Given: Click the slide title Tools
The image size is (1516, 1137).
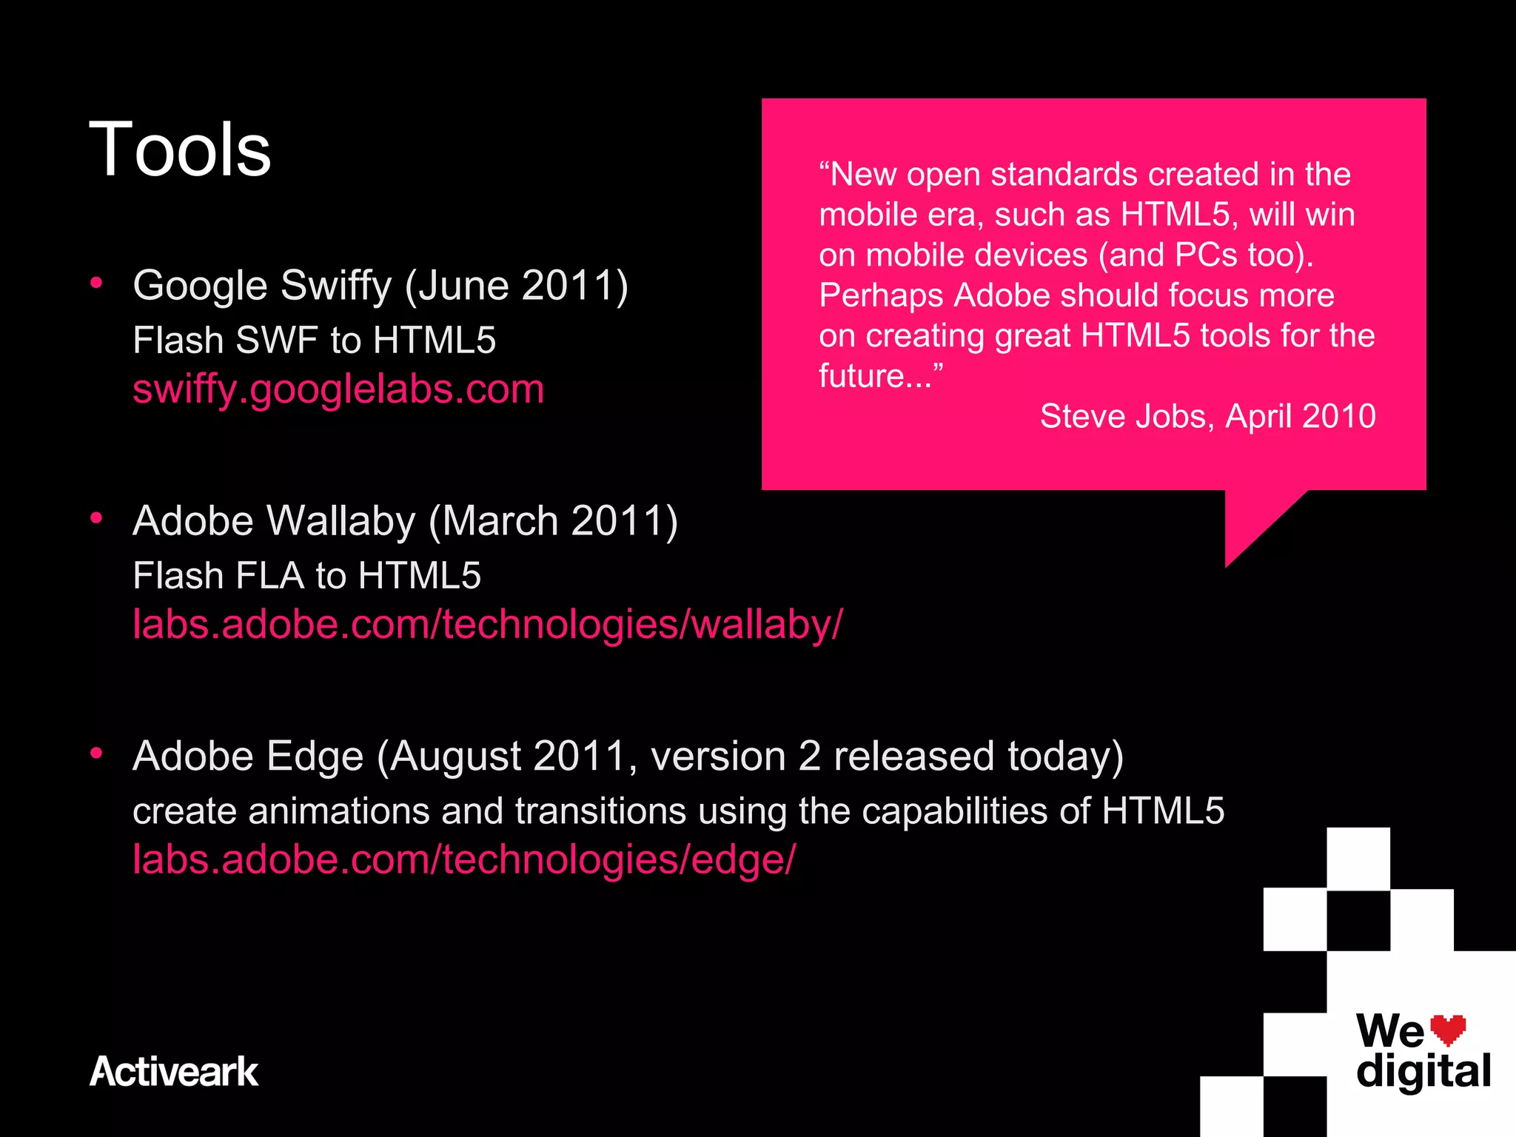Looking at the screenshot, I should tap(180, 150).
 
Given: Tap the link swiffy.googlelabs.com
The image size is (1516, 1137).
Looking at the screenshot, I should tap(338, 389).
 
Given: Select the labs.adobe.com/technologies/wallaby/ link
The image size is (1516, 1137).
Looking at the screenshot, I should tap(487, 623).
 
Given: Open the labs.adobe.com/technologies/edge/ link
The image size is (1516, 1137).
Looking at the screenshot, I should tap(464, 859).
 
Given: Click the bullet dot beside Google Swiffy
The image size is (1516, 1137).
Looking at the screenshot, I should tap(96, 283).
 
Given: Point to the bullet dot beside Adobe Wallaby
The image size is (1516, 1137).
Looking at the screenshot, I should tap(96, 518).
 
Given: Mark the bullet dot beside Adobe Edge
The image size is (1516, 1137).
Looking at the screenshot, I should tap(96, 754).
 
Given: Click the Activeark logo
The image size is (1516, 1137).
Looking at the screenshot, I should tap(174, 1071).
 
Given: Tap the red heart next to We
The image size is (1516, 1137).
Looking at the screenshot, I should tap(1447, 1029).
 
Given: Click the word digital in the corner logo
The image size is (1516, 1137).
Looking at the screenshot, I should tap(1423, 1071).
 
